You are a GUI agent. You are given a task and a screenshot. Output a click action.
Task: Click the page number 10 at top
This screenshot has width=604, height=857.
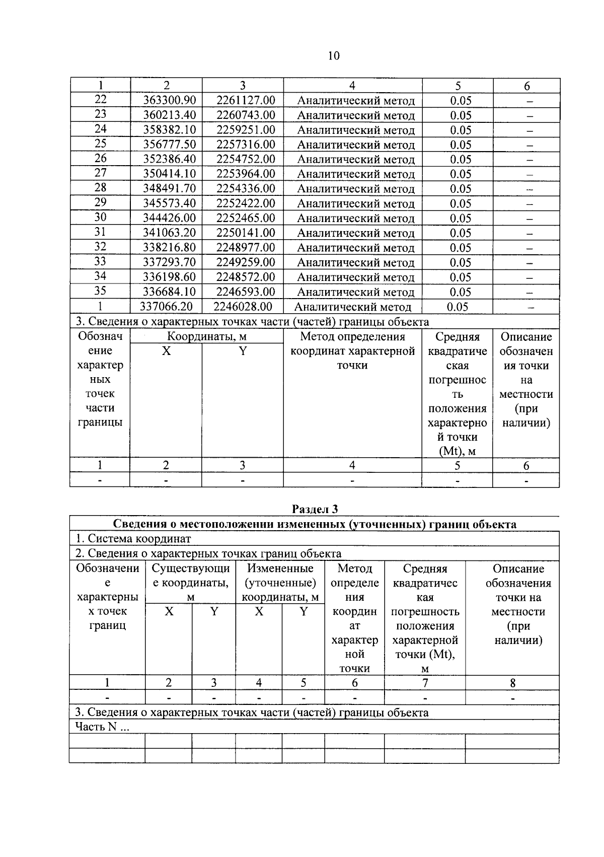coord(334,56)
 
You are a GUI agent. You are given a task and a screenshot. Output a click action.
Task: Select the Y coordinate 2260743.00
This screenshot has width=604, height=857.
coord(246,115)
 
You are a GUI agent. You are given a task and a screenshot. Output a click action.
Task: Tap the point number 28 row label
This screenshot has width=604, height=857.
coord(100,188)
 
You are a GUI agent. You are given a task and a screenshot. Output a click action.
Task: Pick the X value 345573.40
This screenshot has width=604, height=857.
coord(170,203)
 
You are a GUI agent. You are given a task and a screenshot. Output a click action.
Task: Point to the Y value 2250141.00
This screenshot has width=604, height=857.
coord(246,233)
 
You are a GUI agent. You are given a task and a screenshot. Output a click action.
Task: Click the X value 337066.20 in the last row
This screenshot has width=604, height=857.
coord(167,307)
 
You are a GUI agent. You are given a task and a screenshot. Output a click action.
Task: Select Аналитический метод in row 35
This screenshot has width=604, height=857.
coord(355,292)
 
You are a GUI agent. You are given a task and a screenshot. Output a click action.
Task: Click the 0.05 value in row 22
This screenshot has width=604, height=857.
coord(461,101)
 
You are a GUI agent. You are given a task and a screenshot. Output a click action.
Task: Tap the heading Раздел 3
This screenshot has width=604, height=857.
coord(315,509)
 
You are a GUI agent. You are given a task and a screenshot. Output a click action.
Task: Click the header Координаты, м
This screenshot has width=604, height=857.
coord(207,337)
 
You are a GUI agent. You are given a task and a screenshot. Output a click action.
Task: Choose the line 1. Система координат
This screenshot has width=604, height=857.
coord(133,539)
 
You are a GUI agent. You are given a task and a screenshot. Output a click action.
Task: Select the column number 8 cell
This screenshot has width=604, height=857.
coord(512,683)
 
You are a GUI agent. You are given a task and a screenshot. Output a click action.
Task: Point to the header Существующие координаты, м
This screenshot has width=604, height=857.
coord(190,583)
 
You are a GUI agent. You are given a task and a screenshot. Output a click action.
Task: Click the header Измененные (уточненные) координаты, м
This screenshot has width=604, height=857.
coord(280,583)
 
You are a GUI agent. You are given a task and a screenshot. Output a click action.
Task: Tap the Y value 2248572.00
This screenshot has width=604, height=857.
coord(246,277)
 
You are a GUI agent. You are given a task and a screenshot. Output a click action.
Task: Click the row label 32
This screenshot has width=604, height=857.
coord(100,247)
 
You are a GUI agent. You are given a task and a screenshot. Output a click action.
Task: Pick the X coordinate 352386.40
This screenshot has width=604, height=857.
coord(170,159)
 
